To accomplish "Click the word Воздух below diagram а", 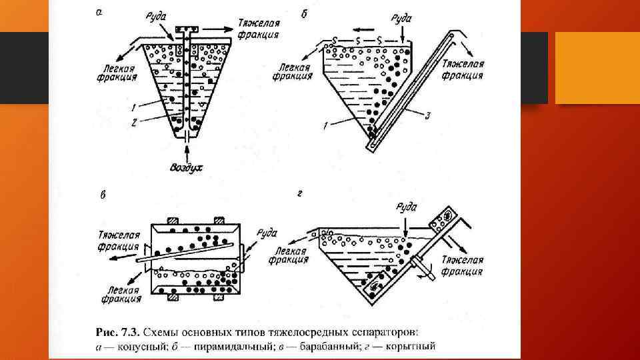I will (185, 167).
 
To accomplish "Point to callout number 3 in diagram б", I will (427, 115).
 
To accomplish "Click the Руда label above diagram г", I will (405, 207).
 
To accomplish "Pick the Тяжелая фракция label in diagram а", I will (259, 29).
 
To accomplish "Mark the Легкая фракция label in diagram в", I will (121, 295).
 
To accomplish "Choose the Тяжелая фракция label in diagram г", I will (462, 265).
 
